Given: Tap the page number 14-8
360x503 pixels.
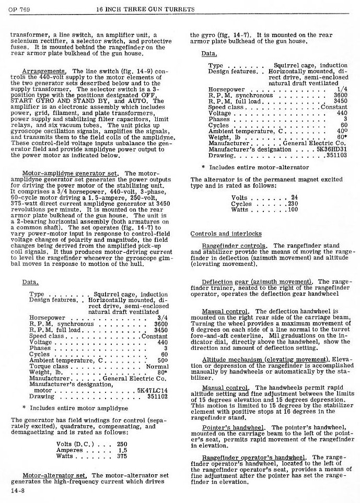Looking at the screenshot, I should click(x=18, y=492).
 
